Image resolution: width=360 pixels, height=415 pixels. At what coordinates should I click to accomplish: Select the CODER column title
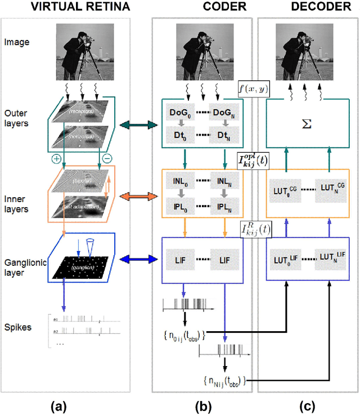(x=200, y=8)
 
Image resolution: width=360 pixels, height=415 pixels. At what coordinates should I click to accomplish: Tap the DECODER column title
(x=307, y=8)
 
